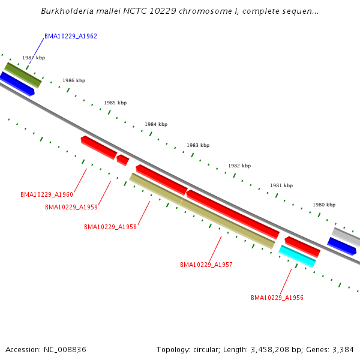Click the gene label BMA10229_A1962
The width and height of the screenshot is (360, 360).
71,37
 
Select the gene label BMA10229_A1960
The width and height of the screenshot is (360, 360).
47,194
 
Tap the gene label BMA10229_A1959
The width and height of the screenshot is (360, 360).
71,207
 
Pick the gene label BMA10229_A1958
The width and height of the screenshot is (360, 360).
110,227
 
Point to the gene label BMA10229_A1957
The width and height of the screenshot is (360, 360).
206,265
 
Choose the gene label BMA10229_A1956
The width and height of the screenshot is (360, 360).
277,298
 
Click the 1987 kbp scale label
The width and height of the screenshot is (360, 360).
34,58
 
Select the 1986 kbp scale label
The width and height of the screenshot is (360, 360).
74,80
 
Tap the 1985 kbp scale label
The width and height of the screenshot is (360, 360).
115,103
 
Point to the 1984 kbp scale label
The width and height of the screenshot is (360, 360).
156,124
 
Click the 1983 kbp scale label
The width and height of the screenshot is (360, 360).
198,145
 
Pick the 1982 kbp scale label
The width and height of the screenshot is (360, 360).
239,166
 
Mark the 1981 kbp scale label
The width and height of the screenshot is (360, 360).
281,185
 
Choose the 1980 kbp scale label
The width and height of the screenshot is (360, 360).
324,205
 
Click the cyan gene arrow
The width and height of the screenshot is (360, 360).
297,256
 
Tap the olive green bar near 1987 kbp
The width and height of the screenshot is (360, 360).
23,75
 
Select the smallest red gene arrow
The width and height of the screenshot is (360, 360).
122,160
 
